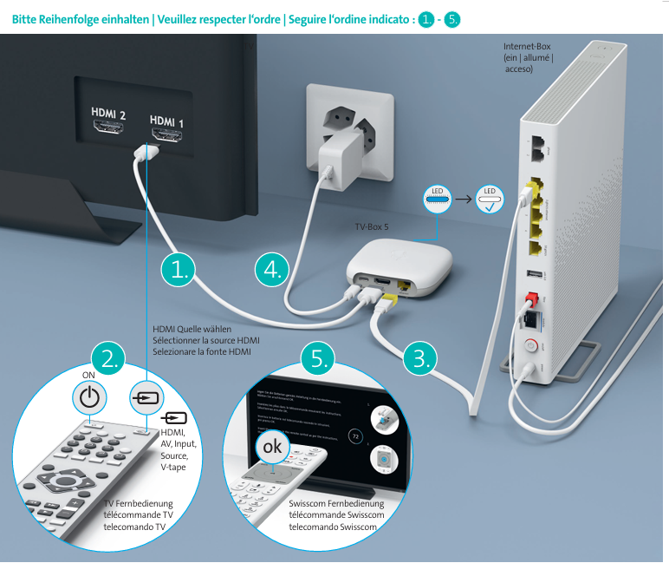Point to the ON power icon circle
pyautogui.click(x=89, y=398)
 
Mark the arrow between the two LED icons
pyautogui.click(x=463, y=199)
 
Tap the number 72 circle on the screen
pyautogui.click(x=354, y=436)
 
